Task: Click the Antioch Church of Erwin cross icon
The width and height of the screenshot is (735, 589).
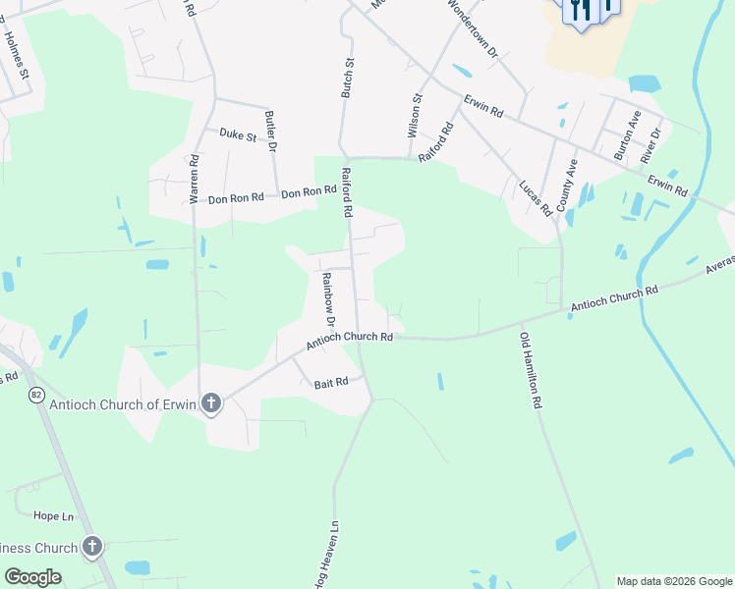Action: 211,402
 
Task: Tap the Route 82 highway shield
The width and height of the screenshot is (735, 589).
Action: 36,394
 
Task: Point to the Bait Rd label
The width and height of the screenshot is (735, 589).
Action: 331,382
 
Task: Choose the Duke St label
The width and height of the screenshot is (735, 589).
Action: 237,134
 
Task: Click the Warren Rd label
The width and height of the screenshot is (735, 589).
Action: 195,179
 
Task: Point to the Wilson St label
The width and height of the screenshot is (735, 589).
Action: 415,115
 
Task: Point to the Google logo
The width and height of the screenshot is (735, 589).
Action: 33,576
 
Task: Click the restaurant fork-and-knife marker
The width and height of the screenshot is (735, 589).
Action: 581,10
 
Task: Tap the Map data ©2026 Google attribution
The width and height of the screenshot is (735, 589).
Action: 674,581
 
